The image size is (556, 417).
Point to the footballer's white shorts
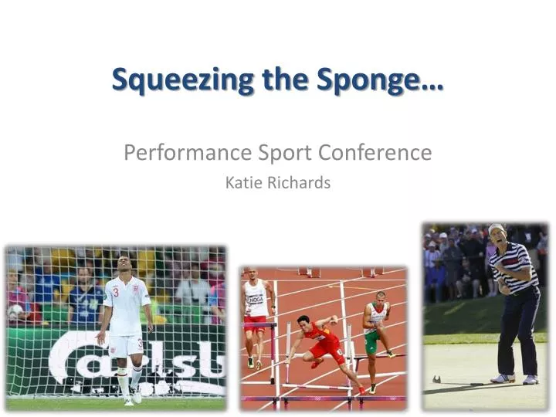tap(125, 344)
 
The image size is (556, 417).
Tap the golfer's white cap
tap(496, 228)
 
